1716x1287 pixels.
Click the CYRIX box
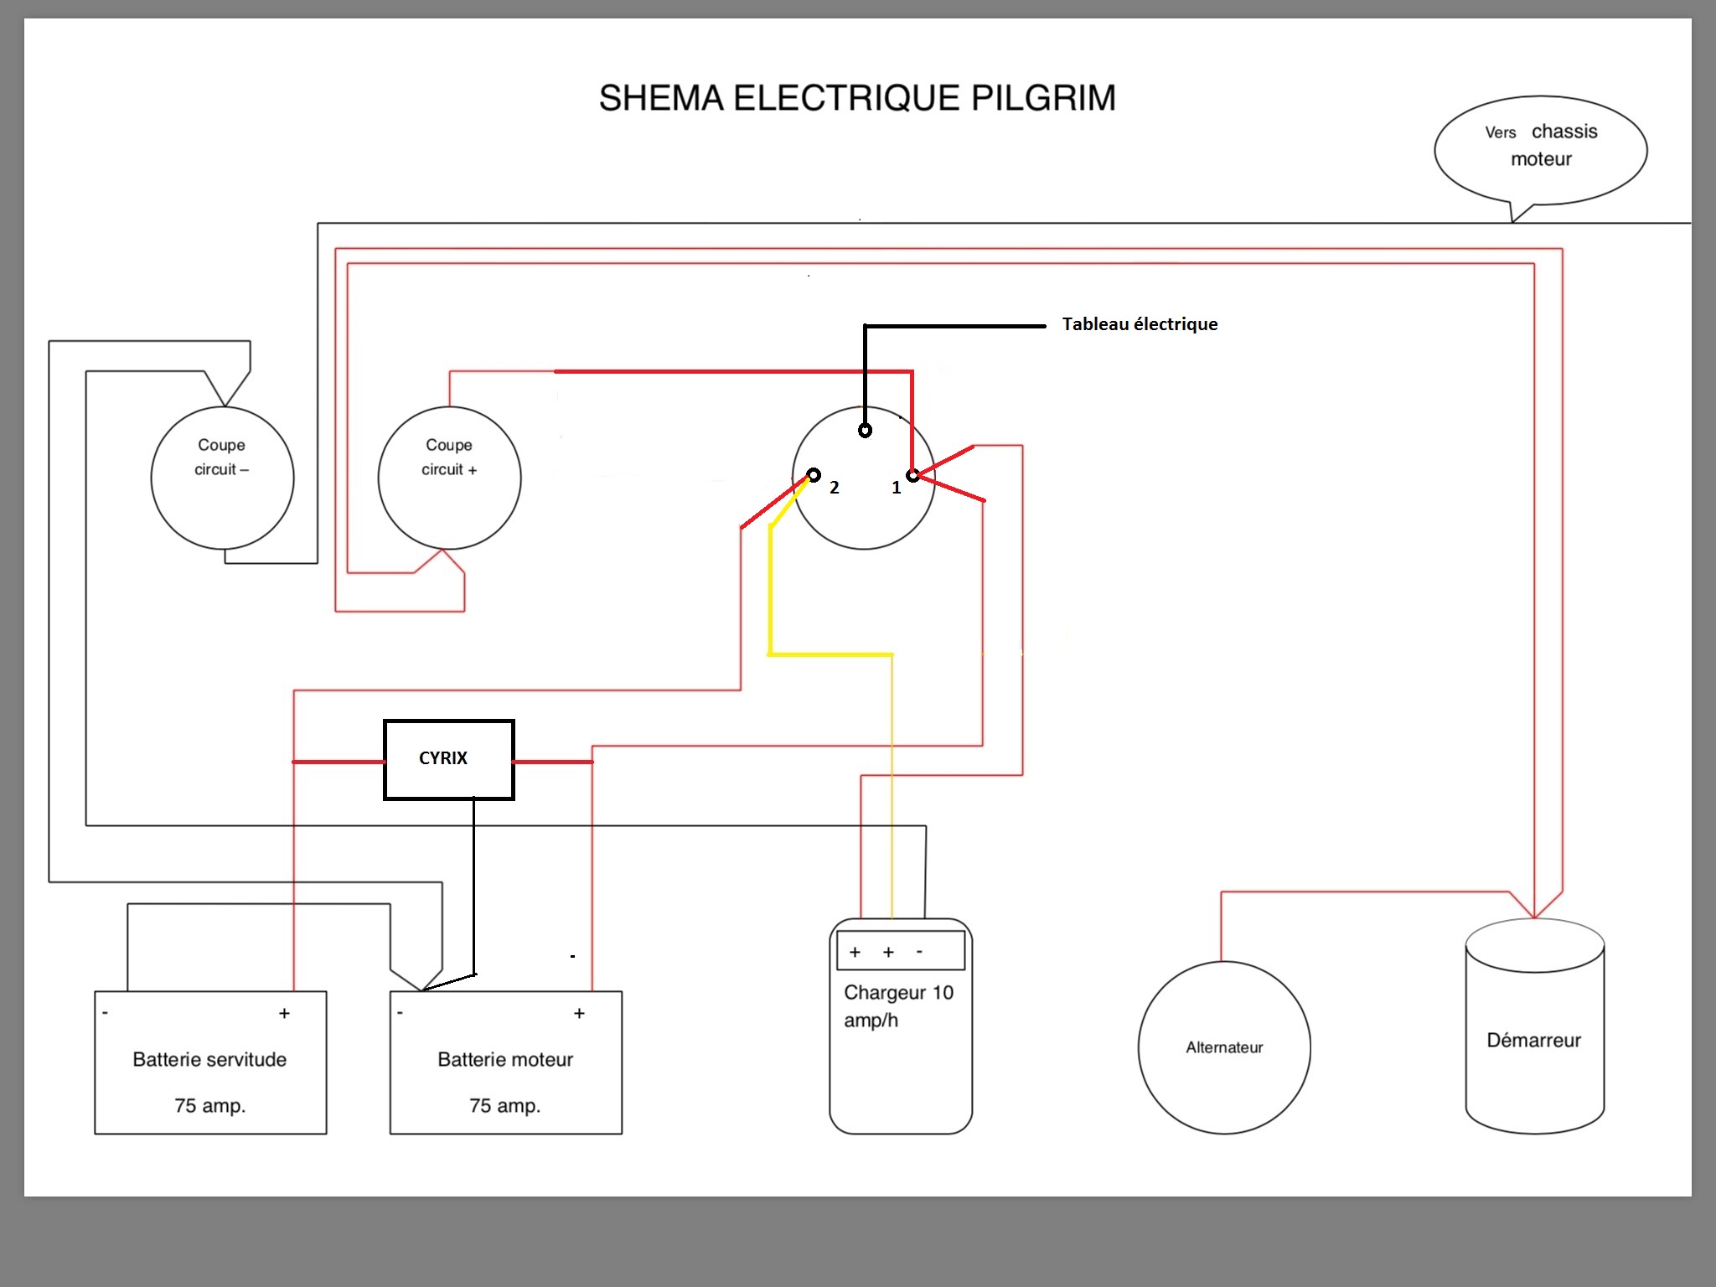(448, 759)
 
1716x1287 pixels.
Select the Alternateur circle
(1224, 1047)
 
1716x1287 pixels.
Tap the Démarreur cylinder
(1534, 1039)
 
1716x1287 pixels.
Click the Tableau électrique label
(1140, 324)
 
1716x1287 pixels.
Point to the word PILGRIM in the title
(1043, 98)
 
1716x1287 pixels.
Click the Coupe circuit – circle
(222, 478)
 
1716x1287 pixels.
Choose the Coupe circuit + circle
(449, 478)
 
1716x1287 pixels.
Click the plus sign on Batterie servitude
(285, 1014)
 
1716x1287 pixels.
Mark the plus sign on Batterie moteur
(579, 1014)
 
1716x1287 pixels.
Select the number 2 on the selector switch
(835, 488)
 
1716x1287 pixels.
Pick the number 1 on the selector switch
(897, 488)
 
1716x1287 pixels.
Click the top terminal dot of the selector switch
(865, 431)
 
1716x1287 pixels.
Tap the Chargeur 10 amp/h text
(898, 1006)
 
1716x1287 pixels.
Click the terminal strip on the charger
(901, 951)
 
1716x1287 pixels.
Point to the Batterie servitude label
(209, 1060)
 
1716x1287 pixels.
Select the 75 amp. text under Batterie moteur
(505, 1106)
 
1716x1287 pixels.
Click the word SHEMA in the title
(661, 98)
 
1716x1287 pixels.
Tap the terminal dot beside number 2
(814, 475)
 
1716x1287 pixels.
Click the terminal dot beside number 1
(912, 476)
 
